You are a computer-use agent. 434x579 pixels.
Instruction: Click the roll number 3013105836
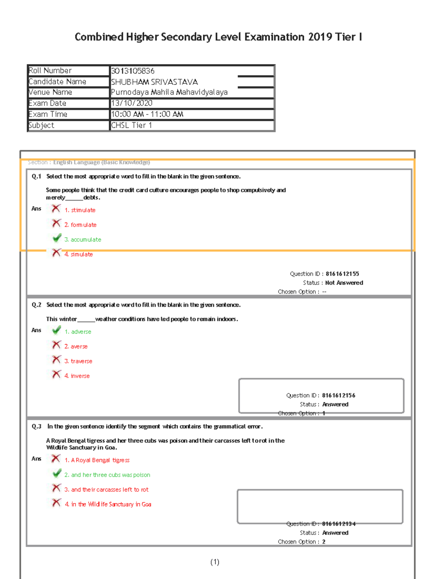coord(133,71)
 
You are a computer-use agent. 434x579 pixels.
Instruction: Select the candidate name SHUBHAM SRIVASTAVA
coord(154,82)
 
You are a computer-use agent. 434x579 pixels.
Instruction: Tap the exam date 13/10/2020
coord(132,103)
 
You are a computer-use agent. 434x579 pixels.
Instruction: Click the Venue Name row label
coord(50,92)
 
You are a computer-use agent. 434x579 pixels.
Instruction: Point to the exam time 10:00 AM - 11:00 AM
coord(147,114)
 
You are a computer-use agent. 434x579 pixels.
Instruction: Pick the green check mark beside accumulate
coord(57,238)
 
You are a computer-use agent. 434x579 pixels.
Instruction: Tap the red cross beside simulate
coord(56,253)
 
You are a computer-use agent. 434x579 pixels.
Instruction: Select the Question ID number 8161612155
coord(342,274)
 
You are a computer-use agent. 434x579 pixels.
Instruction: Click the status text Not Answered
coord(344,283)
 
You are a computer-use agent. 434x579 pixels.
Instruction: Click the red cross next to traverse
coord(56,360)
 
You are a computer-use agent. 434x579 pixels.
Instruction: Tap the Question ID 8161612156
coord(339,396)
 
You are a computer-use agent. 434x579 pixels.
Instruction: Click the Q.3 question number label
coord(37,427)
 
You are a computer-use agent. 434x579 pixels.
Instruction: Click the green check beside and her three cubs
coord(57,473)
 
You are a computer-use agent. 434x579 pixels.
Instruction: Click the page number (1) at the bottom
coord(215,562)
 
